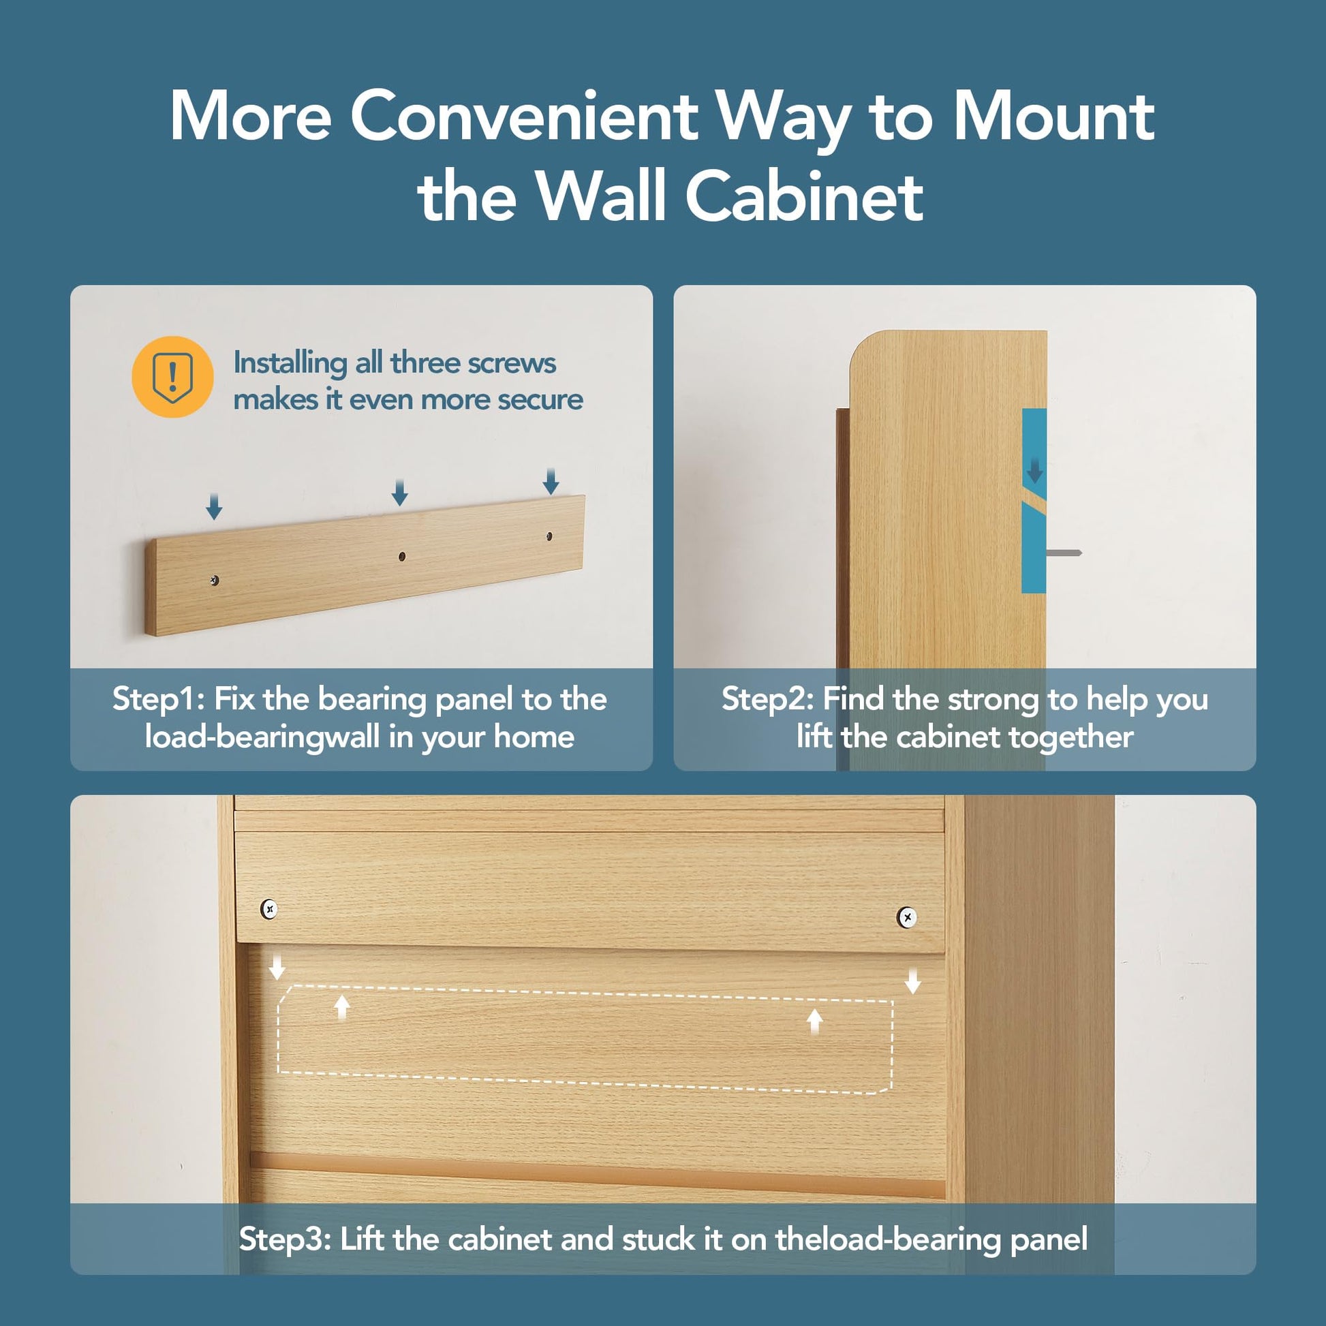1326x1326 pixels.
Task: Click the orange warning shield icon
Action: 172,377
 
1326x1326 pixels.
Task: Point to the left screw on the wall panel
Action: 215,581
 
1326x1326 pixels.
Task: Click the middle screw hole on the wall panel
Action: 402,556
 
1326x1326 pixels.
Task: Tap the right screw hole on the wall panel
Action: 549,536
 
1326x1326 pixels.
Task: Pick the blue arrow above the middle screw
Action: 399,493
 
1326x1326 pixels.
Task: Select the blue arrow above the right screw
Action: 551,481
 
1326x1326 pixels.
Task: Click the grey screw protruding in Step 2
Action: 1064,553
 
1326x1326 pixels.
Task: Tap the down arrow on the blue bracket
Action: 1034,471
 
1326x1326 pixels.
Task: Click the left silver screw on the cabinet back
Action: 269,910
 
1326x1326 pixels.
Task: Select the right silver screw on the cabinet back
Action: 907,917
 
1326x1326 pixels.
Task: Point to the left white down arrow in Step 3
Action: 277,968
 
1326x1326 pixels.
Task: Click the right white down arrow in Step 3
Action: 912,981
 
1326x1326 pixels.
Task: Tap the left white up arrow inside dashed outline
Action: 342,1008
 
